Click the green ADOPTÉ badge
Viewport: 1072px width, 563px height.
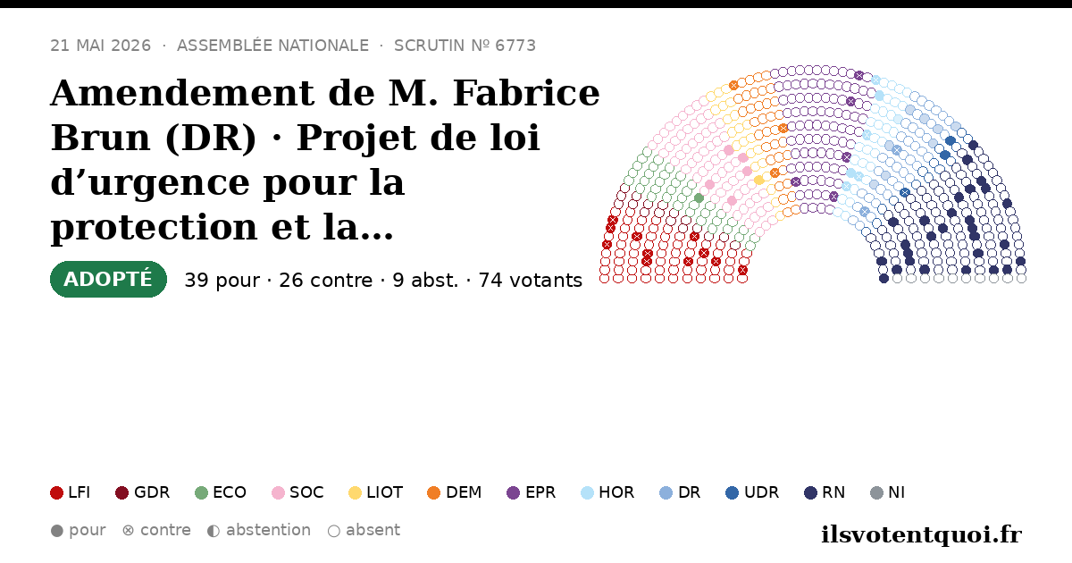pos(108,279)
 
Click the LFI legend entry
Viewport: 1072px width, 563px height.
pos(71,492)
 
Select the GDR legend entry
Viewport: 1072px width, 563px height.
pos(143,492)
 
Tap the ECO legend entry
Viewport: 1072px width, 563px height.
pos(221,492)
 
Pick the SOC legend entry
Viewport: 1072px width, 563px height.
pos(297,492)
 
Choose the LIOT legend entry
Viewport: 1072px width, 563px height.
pos(376,492)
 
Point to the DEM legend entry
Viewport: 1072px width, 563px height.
pos(454,492)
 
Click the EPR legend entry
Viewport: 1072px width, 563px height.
pos(532,492)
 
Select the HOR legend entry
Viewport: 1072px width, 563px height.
pos(607,492)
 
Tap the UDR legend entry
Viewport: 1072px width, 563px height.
pos(752,492)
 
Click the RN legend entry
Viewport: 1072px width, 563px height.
pos(825,492)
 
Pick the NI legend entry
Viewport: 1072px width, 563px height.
pos(887,492)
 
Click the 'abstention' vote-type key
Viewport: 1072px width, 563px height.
pos(259,531)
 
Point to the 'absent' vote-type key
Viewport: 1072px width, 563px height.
pos(364,531)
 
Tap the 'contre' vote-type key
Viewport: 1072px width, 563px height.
pos(156,531)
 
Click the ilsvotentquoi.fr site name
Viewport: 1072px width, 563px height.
pos(922,534)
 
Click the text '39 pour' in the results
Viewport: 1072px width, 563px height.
pos(222,281)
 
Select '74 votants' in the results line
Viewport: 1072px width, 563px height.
pos(531,281)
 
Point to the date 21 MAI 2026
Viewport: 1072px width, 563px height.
pos(100,46)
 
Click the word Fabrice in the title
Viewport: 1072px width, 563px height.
pos(526,93)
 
